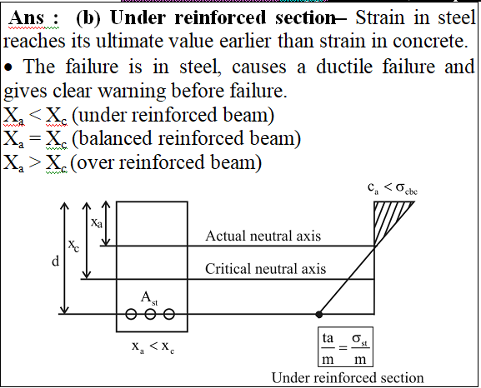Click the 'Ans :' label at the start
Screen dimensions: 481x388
pos(33,17)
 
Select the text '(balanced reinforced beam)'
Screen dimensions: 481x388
pos(187,138)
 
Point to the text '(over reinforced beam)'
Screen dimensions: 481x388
pos(166,162)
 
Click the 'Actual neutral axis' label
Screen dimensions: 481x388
pos(263,236)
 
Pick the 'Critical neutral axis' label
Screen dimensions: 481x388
pos(265,269)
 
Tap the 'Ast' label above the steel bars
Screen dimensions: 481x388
pos(149,298)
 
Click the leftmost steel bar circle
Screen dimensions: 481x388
pos(131,314)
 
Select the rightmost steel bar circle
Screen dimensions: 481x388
pos(169,314)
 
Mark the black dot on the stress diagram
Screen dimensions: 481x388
pos(319,314)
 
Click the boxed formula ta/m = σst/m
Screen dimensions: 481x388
pos(345,347)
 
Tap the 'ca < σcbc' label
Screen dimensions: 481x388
pos(393,188)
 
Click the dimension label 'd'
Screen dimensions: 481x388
pos(55,261)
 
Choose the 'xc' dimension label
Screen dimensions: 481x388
pos(73,246)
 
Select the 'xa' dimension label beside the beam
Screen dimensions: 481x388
pos(97,222)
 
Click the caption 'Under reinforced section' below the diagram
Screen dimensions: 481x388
pos(348,377)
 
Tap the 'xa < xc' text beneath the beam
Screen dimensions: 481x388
pos(153,346)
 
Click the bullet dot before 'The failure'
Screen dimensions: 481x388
pos(8,67)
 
